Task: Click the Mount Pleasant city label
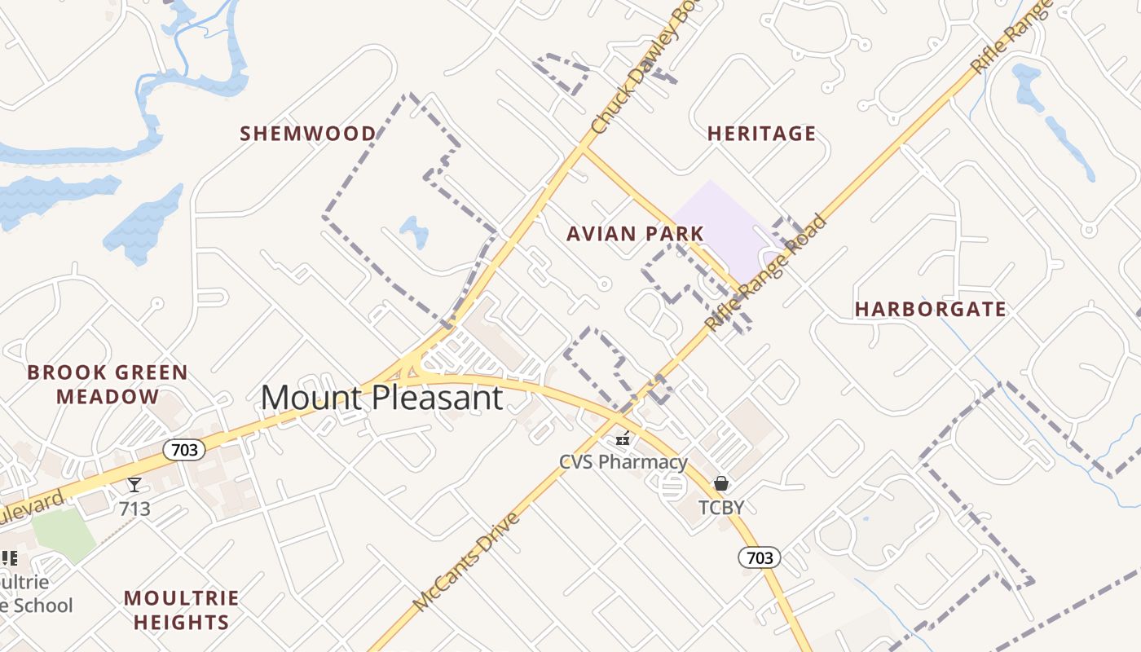381,398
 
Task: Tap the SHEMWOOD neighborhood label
308,134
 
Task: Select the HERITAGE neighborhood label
761,134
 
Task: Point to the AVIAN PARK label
635,234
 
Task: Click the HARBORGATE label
930,310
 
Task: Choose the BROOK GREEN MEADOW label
108,385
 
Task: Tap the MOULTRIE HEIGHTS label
182,610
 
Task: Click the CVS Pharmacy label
623,462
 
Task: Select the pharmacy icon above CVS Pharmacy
623,439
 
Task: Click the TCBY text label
721,508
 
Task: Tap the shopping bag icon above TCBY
721,484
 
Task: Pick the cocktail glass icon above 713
134,486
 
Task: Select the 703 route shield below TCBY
759,557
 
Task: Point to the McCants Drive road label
466,562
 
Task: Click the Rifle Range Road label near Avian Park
765,273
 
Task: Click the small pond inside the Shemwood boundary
415,231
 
